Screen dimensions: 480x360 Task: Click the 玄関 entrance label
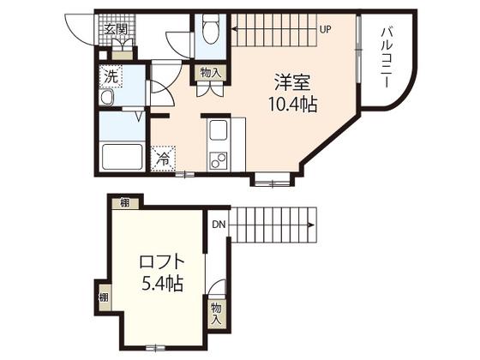point(116,29)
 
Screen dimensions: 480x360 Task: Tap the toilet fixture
point(211,28)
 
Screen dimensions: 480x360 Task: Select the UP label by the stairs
point(326,29)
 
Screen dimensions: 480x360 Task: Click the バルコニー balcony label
point(387,57)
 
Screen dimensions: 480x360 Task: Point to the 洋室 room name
point(292,82)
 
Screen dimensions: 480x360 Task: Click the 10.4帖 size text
point(292,104)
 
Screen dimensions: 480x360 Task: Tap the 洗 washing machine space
point(111,76)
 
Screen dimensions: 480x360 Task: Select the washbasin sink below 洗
point(106,98)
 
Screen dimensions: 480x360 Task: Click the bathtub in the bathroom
point(123,156)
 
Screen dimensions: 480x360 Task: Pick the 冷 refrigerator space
point(163,159)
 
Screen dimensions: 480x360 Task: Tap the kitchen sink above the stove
point(218,130)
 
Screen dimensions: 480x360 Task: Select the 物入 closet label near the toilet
point(210,73)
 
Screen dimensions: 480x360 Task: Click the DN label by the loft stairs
point(219,225)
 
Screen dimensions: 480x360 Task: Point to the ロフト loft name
point(162,261)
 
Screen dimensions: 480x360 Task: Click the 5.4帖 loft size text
point(163,284)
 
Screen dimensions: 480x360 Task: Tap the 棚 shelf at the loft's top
point(125,202)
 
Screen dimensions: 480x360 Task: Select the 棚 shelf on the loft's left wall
point(104,297)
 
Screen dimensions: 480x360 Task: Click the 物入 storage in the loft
point(216,314)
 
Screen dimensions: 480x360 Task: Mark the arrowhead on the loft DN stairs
point(311,225)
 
